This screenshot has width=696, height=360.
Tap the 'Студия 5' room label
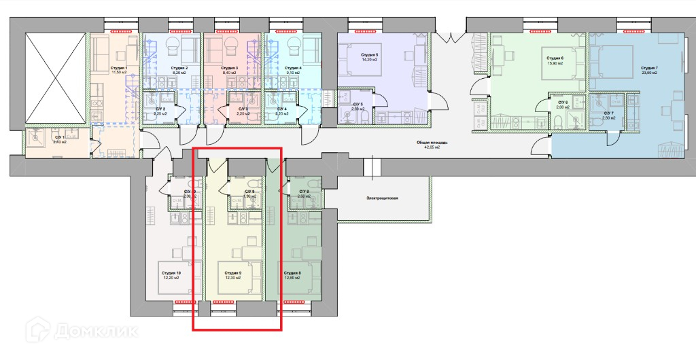coord(367,54)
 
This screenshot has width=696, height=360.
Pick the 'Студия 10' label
coord(171,273)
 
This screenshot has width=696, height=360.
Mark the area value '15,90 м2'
coord(556,65)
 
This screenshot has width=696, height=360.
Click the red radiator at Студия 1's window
coord(123,31)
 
